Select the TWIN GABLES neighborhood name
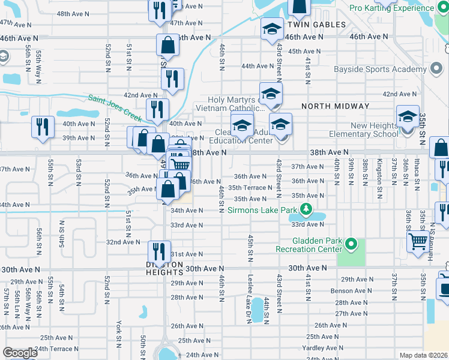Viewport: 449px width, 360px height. pyautogui.click(x=316, y=25)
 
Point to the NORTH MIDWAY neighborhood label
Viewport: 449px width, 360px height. pyautogui.click(x=336, y=106)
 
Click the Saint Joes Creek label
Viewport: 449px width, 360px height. pyautogui.click(x=113, y=104)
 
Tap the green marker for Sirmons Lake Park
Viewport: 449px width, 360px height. pyautogui.click(x=307, y=210)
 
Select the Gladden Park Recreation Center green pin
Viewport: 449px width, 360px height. pyautogui.click(x=352, y=244)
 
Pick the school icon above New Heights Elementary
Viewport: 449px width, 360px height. pyautogui.click(x=408, y=116)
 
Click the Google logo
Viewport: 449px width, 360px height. pyautogui.click(x=20, y=353)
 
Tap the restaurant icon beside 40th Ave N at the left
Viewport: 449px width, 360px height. pyautogui.click(x=43, y=127)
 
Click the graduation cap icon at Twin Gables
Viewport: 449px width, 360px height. pyautogui.click(x=272, y=29)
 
